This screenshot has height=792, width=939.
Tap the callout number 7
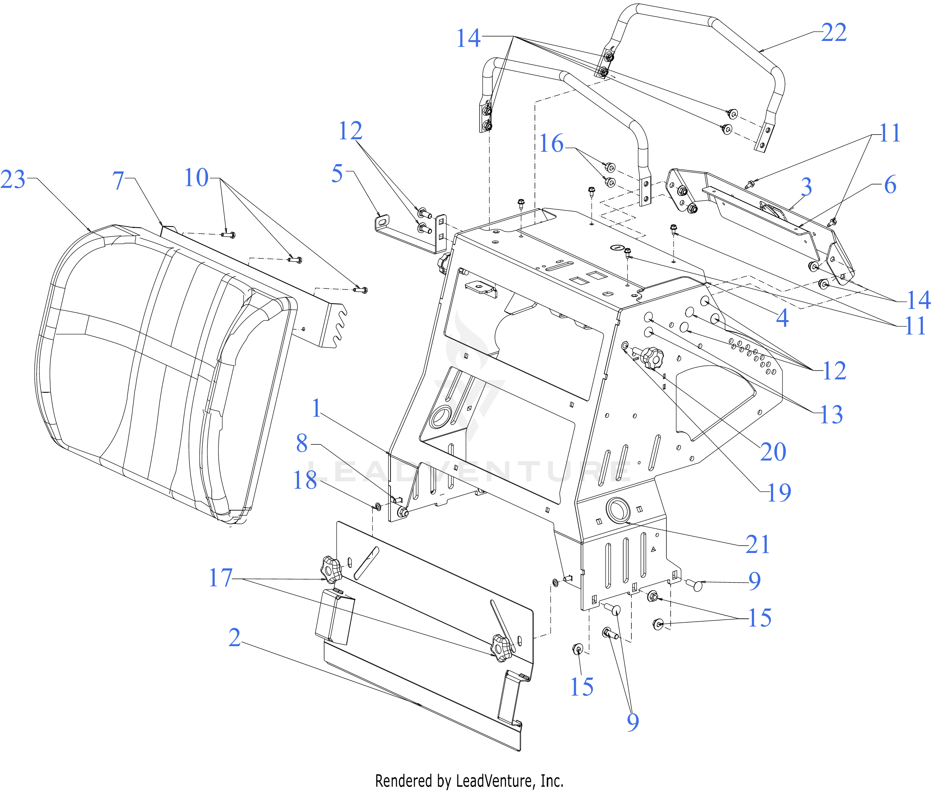(x=118, y=181)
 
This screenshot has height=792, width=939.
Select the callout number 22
(x=834, y=33)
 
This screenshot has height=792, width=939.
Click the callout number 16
(x=551, y=144)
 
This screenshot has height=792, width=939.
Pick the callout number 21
(x=758, y=545)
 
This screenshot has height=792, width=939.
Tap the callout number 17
(x=220, y=578)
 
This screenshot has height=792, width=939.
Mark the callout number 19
(x=779, y=493)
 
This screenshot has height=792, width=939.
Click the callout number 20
(x=773, y=452)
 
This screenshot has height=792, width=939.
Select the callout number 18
(x=305, y=480)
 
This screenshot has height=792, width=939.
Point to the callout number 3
(x=806, y=187)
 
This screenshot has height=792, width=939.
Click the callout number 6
(x=890, y=185)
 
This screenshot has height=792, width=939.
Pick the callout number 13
(x=831, y=414)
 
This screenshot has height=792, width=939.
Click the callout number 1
(x=317, y=409)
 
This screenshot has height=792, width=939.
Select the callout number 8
(x=302, y=443)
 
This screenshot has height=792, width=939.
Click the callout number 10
(x=196, y=178)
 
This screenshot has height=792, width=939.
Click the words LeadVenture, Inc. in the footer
(x=509, y=782)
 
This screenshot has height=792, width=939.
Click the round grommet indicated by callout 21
(x=618, y=509)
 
